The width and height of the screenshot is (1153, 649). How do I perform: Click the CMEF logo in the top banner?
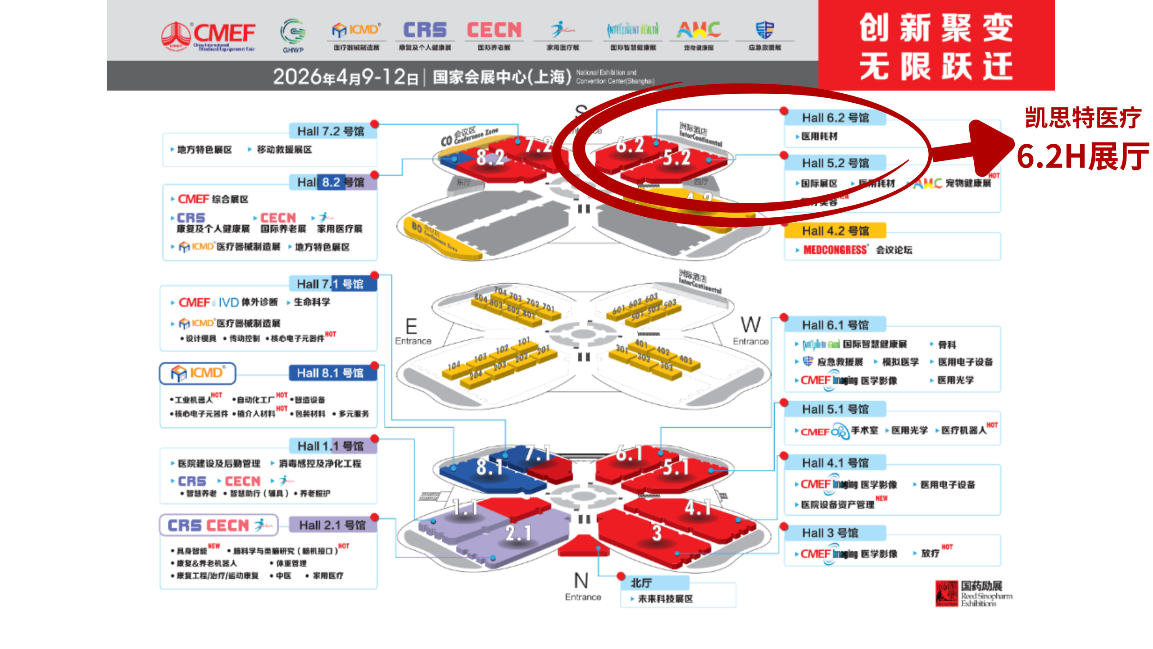[x=208, y=36]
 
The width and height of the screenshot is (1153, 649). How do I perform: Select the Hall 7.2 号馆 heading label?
[x=331, y=131]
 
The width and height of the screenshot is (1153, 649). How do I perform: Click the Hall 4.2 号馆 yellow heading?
[x=835, y=231]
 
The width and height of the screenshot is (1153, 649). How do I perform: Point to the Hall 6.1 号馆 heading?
[x=835, y=325]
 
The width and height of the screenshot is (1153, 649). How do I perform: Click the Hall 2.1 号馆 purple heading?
[x=332, y=525]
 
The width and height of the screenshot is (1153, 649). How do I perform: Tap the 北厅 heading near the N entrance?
[x=641, y=583]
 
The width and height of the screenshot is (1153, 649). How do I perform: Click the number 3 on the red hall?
[x=657, y=533]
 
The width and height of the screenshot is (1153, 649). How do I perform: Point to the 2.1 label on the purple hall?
[x=518, y=533]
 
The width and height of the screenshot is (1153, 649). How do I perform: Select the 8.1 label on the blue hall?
[x=489, y=467]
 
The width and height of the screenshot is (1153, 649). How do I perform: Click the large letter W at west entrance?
[x=750, y=324]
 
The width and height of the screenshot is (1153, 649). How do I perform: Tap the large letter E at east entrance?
[x=411, y=326]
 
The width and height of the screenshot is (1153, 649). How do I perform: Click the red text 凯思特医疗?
[x=1083, y=118]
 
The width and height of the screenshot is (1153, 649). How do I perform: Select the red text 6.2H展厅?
[x=1083, y=156]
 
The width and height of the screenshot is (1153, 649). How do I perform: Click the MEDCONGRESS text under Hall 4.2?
[x=835, y=250]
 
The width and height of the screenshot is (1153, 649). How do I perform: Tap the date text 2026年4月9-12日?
[x=345, y=77]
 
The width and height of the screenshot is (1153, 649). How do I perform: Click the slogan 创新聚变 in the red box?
[x=936, y=28]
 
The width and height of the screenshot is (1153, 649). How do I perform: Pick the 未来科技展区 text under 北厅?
[x=665, y=599]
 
